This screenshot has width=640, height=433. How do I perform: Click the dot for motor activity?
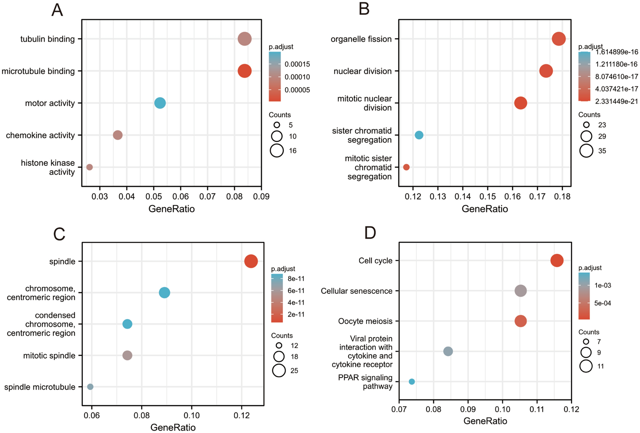pos(160,103)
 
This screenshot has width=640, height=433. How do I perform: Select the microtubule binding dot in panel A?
pos(245,71)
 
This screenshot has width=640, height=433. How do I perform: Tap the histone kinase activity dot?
pos(90,167)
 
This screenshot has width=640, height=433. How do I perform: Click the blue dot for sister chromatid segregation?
pos(419,135)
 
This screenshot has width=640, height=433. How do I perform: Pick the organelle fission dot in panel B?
pos(559,39)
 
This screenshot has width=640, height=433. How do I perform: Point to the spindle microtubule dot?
pos(90,387)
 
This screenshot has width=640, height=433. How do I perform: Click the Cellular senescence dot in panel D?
pos(520,291)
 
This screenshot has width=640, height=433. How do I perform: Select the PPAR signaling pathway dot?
pos(412,382)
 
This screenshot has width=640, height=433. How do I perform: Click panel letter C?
pos(59,234)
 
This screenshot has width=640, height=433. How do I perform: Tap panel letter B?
pos(364,9)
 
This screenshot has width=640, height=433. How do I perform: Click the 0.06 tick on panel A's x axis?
pos(181,196)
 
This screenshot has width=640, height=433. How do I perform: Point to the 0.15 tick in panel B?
pos(487,196)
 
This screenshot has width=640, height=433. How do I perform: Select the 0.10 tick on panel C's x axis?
pos(191,415)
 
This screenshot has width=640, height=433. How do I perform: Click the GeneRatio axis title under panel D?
pos(485,421)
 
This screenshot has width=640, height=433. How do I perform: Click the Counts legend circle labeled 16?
pos(277,150)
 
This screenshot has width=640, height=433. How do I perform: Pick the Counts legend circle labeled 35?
pos(586,150)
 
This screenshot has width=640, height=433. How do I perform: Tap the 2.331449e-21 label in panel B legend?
pos(616,101)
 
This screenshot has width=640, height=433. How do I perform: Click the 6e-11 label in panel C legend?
pos(296,291)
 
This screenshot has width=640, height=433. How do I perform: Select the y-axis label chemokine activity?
pos(40,135)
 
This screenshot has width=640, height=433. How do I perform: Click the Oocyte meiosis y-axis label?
pos(365,321)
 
